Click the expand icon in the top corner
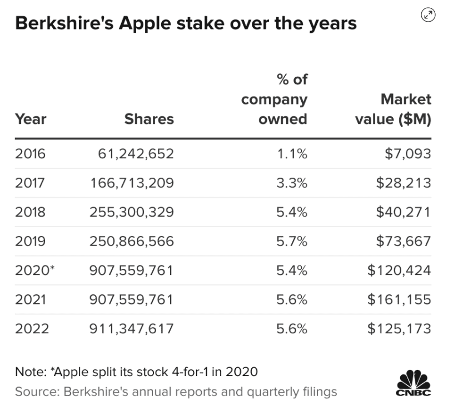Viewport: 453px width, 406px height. pos(428,15)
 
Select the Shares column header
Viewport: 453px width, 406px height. pos(149,119)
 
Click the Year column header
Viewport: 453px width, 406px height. pos(31,119)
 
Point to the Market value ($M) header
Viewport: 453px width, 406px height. pos(394,109)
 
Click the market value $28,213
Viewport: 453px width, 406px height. pos(403,183)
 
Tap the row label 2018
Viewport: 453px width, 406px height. pos(30,212)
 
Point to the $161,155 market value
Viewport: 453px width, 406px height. pos(399,299)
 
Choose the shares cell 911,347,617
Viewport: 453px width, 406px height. pos(132,328)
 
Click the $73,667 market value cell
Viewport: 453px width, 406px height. pos(403,241)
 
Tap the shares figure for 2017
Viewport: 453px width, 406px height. pos(132,183)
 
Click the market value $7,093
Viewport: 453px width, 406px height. pos(407,154)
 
